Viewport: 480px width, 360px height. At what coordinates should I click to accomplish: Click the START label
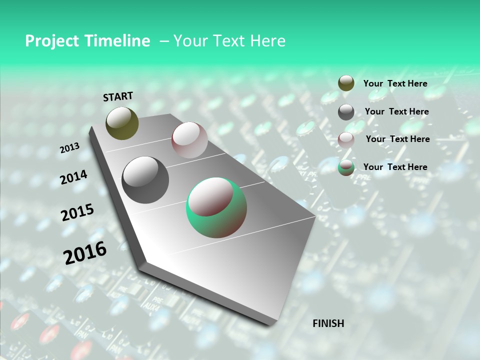(x=118, y=96)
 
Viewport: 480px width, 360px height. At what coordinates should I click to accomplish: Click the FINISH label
(x=328, y=323)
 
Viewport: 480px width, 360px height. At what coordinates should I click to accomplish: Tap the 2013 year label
(x=69, y=148)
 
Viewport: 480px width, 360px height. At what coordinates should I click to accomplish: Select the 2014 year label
(x=74, y=177)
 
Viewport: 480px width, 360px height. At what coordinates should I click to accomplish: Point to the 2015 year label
(x=77, y=212)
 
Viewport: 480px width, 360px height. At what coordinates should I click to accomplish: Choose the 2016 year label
(x=85, y=253)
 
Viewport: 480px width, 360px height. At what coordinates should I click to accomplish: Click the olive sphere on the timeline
(x=122, y=123)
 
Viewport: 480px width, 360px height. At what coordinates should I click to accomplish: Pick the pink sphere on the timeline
(x=189, y=140)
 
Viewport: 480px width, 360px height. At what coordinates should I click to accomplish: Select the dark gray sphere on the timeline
(x=145, y=179)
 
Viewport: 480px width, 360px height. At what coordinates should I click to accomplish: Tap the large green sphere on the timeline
(x=216, y=207)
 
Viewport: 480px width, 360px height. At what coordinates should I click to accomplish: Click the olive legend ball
(x=346, y=83)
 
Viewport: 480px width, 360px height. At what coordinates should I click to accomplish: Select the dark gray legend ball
(x=346, y=112)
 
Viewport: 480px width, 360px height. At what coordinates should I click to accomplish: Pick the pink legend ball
(x=346, y=139)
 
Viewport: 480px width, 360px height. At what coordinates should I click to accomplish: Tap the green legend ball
(x=346, y=167)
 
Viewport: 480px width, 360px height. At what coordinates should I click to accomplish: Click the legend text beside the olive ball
(x=395, y=83)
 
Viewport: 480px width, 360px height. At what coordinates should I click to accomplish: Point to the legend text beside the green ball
(x=395, y=167)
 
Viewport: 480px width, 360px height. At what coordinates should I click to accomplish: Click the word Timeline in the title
(x=118, y=41)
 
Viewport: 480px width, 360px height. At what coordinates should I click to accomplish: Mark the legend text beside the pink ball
(x=397, y=139)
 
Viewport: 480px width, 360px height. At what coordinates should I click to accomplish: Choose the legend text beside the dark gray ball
(x=396, y=111)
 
